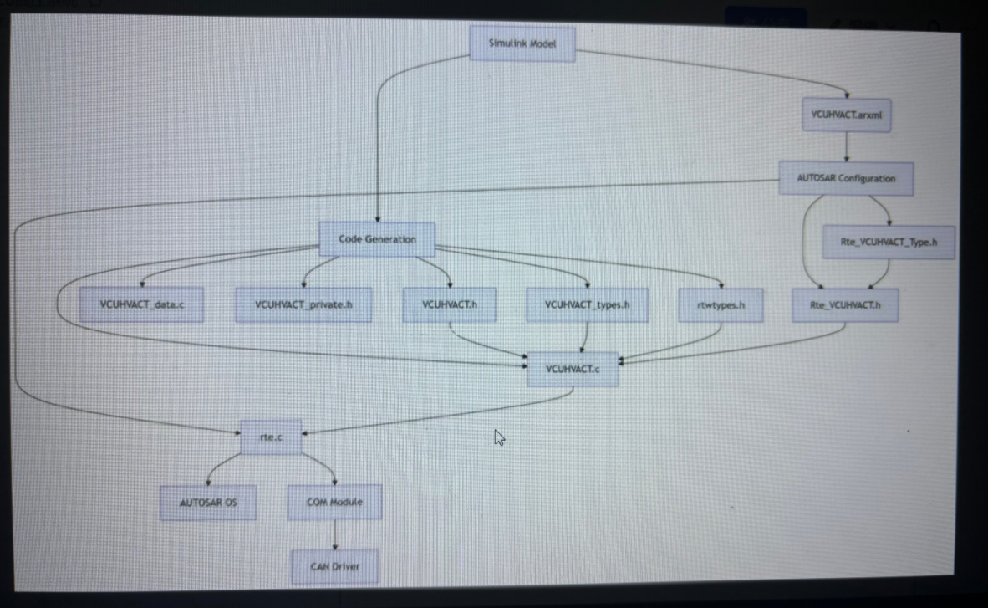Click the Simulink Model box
pos(522,43)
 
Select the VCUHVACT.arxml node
pos(846,115)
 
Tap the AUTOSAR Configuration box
pos(845,178)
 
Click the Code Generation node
pos(377,239)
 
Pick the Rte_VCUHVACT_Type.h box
pos(889,242)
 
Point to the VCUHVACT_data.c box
pos(141,305)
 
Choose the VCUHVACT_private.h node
pos(303,305)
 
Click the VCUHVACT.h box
pos(450,305)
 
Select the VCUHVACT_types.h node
pos(588,305)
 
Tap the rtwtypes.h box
pos(721,305)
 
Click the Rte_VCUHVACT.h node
pos(846,305)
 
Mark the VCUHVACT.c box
pos(573,369)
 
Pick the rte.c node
pos(271,437)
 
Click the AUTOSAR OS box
pos(208,503)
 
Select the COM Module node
pos(335,502)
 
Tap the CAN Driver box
pos(335,566)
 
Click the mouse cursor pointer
pos(499,437)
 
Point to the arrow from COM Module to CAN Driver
pos(335,534)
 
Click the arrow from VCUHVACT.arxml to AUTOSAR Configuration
pos(846,146)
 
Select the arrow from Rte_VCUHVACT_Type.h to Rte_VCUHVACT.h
pos(876,273)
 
